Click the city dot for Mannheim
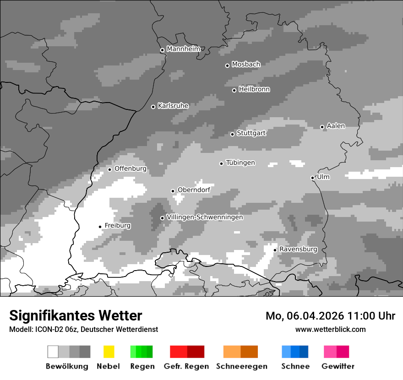[x=162, y=50]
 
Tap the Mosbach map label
[x=246, y=65]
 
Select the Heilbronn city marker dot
[x=234, y=90]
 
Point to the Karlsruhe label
[x=173, y=106]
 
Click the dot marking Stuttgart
[x=232, y=134]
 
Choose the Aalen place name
[x=336, y=126]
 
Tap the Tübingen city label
[x=240, y=163]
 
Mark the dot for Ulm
[x=312, y=178]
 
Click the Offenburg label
[x=131, y=168]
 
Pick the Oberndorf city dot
[x=173, y=191]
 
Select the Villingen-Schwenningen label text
[x=205, y=217]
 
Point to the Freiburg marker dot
[x=100, y=227]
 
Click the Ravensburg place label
[x=299, y=249]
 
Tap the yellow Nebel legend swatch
[x=109, y=352]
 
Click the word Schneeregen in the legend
[x=242, y=366]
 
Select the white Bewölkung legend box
[x=53, y=352]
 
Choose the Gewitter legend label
[x=338, y=366]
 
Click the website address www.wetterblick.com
[x=331, y=329]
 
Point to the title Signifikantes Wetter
[x=76, y=315]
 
